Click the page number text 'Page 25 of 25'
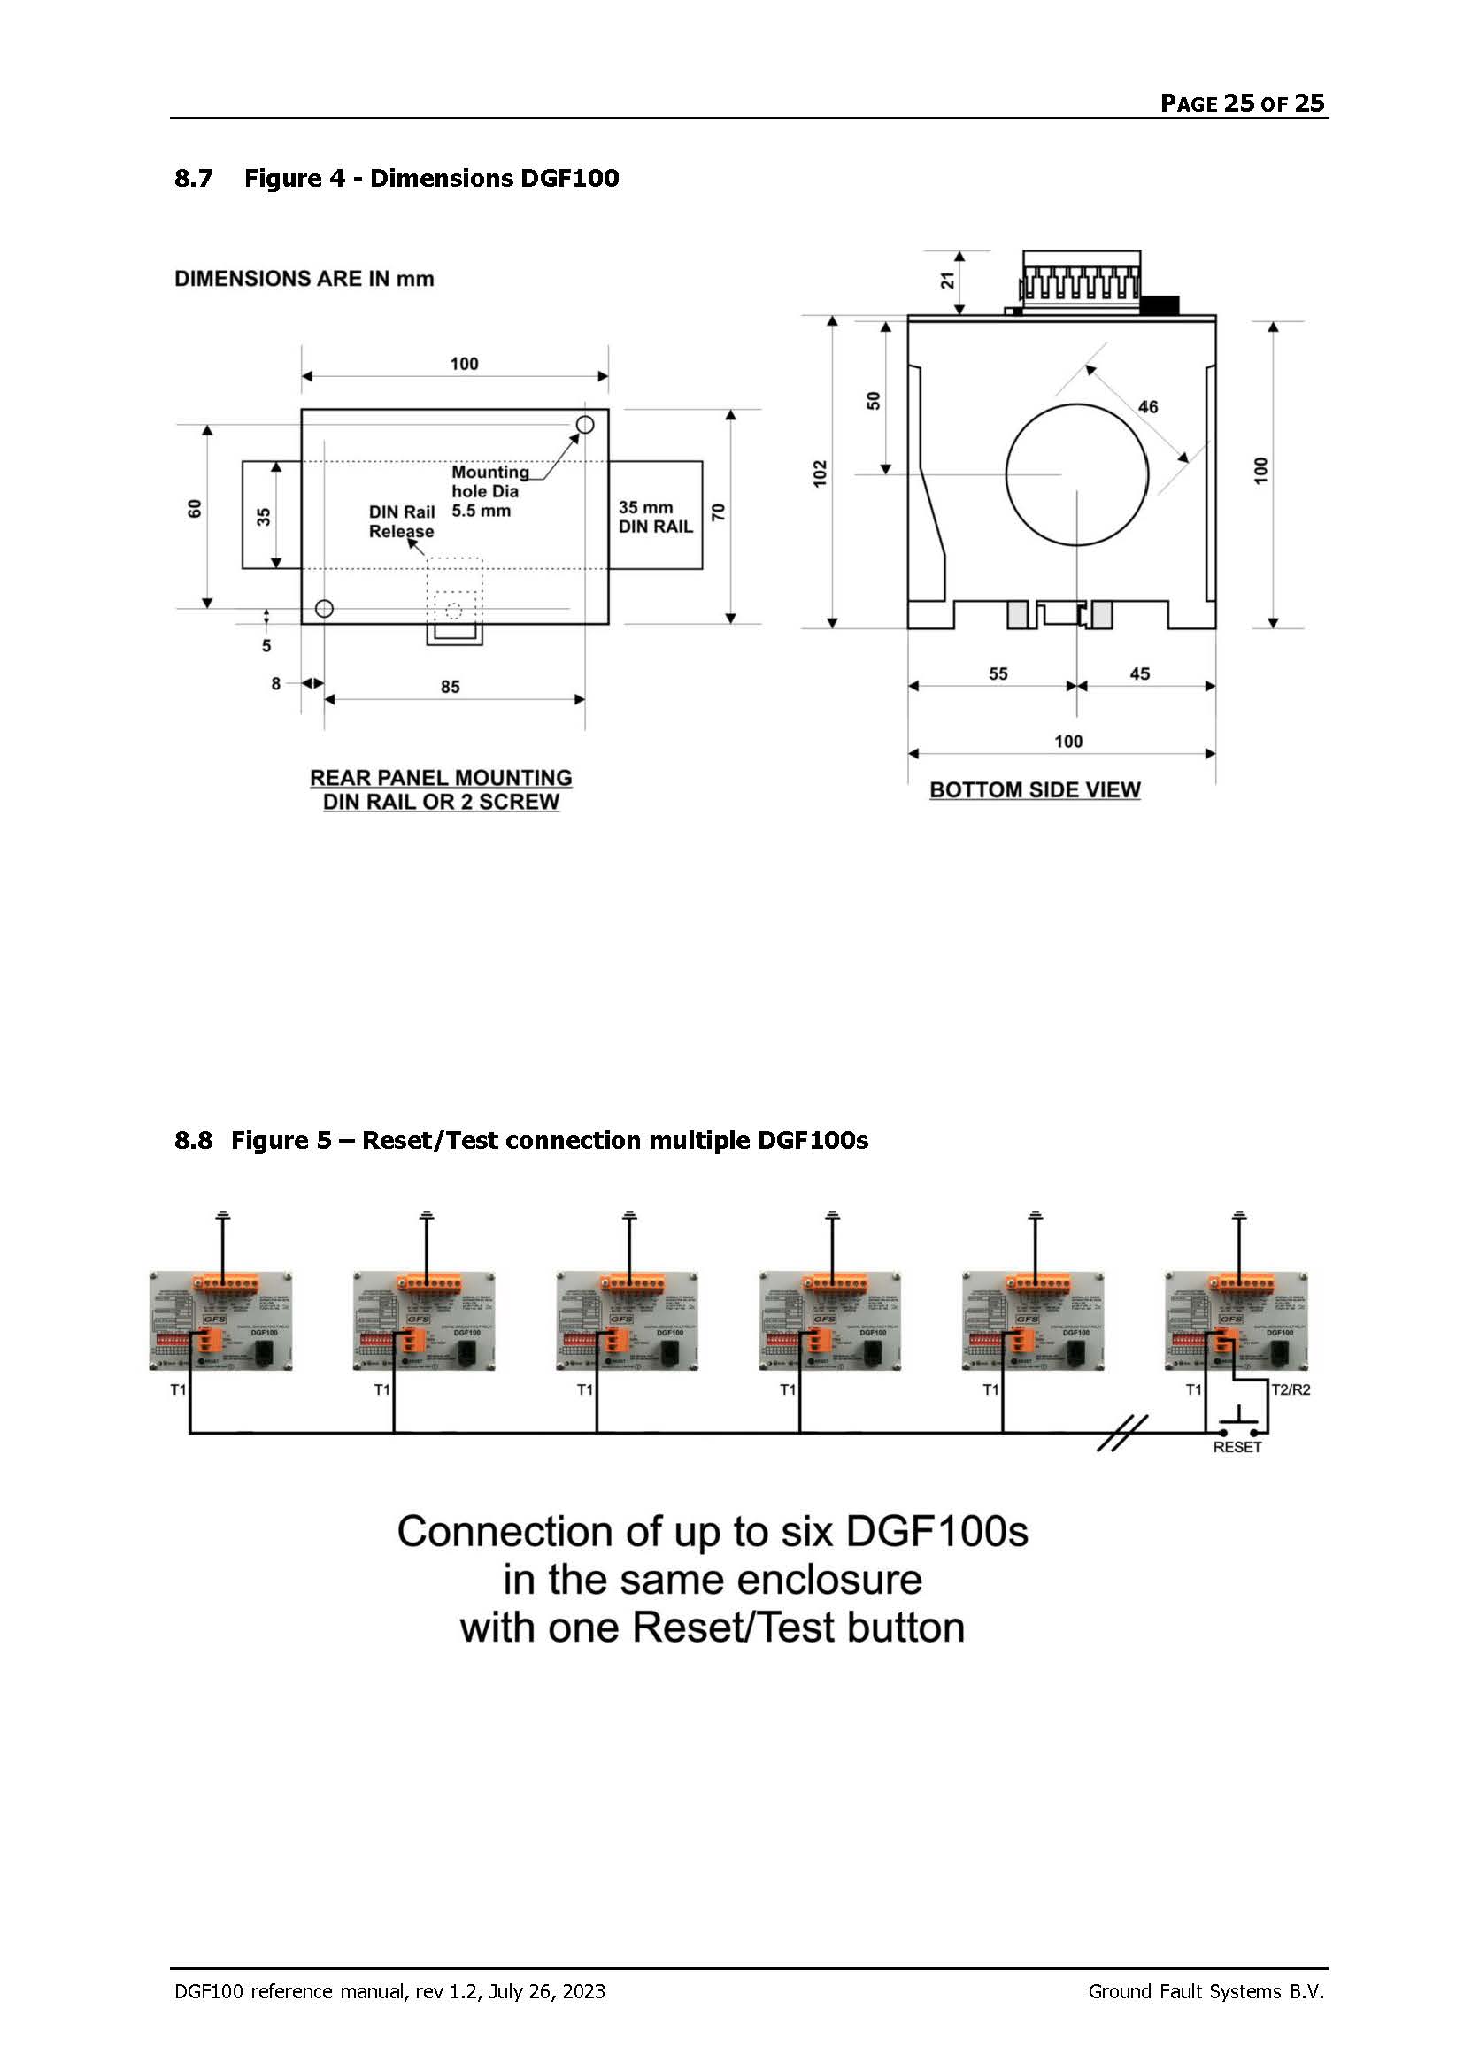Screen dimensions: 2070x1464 pyautogui.click(x=1241, y=103)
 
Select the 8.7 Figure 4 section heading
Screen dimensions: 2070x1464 pyautogui.click(x=397, y=178)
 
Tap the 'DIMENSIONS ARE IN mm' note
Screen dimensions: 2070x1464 pyautogui.click(x=304, y=279)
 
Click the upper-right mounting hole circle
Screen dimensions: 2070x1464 pyautogui.click(x=585, y=424)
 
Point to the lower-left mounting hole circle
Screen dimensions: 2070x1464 pyautogui.click(x=325, y=609)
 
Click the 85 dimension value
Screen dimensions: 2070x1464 pyautogui.click(x=450, y=687)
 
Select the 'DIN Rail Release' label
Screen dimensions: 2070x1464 pyautogui.click(x=401, y=521)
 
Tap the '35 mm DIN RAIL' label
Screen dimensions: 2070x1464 pyautogui.click(x=655, y=517)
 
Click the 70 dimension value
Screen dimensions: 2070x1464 pyautogui.click(x=719, y=512)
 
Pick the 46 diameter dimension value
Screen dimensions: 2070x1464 pyautogui.click(x=1148, y=406)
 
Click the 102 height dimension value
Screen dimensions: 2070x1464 pyautogui.click(x=820, y=473)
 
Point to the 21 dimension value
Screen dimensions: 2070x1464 pyautogui.click(x=947, y=281)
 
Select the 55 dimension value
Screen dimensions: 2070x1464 pyautogui.click(x=998, y=673)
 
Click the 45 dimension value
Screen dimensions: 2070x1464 pyautogui.click(x=1139, y=673)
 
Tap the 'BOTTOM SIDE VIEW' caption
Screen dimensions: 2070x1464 pyautogui.click(x=1035, y=789)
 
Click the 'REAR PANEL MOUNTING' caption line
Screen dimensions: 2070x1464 pyautogui.click(x=441, y=777)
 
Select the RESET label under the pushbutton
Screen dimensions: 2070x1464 pyautogui.click(x=1237, y=1447)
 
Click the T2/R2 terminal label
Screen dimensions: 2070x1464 pyautogui.click(x=1290, y=1389)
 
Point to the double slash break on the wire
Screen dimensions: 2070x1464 pyautogui.click(x=1122, y=1433)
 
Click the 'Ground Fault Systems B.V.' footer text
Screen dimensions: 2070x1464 pyautogui.click(x=1206, y=1991)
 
